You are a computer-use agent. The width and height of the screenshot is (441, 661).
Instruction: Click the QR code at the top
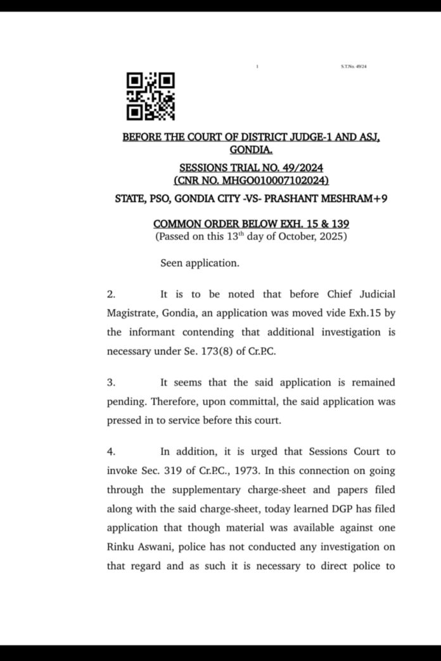click(x=151, y=97)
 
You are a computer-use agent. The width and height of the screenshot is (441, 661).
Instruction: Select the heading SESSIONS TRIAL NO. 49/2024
click(x=252, y=168)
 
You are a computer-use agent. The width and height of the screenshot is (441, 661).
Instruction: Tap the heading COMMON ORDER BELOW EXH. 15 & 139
click(x=252, y=224)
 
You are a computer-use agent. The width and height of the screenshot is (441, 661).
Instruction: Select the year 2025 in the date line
click(x=334, y=237)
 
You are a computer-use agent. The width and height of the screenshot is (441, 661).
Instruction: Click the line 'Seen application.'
click(x=200, y=263)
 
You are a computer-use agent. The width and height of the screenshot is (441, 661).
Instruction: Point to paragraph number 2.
click(x=110, y=295)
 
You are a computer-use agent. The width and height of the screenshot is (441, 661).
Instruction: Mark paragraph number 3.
click(x=110, y=383)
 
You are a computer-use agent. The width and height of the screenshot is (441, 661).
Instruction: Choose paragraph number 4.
click(x=110, y=452)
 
